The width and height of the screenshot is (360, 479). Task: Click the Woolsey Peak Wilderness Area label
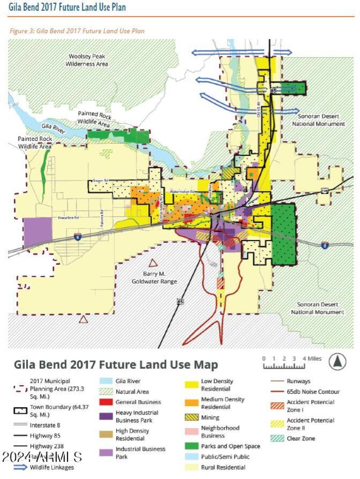pos(87,60)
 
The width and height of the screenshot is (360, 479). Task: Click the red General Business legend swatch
pos(106,402)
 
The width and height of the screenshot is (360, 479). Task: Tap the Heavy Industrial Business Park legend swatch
pos(106,416)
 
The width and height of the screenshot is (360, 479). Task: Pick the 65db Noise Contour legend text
pos(313,392)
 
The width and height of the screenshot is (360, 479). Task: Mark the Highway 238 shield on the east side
pos(325,191)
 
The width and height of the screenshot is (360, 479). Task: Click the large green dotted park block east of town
pos(283,234)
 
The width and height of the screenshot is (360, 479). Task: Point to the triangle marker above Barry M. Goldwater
pos(153,263)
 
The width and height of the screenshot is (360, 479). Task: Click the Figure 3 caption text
pos(76,31)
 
